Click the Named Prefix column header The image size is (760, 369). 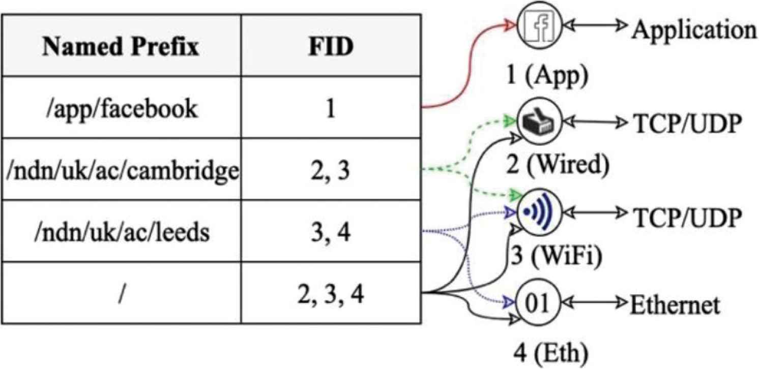tap(121, 47)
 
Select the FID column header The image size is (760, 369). tap(331, 47)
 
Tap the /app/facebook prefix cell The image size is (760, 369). tap(121, 109)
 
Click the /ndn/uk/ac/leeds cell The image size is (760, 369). tap(121, 232)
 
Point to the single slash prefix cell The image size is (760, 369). tap(121, 294)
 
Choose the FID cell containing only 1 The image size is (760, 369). tap(331, 109)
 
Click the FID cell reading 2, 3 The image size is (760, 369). tap(331, 171)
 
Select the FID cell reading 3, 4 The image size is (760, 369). tap(331, 232)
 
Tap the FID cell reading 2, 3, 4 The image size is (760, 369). tap(331, 294)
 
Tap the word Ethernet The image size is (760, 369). tap(675, 305)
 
